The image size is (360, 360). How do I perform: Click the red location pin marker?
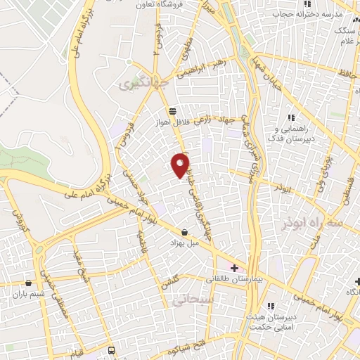[181, 165]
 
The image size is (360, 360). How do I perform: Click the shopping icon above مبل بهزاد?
[184, 231]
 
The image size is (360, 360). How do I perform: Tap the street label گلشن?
[170, 283]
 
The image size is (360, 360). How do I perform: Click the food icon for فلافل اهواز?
[173, 110]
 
